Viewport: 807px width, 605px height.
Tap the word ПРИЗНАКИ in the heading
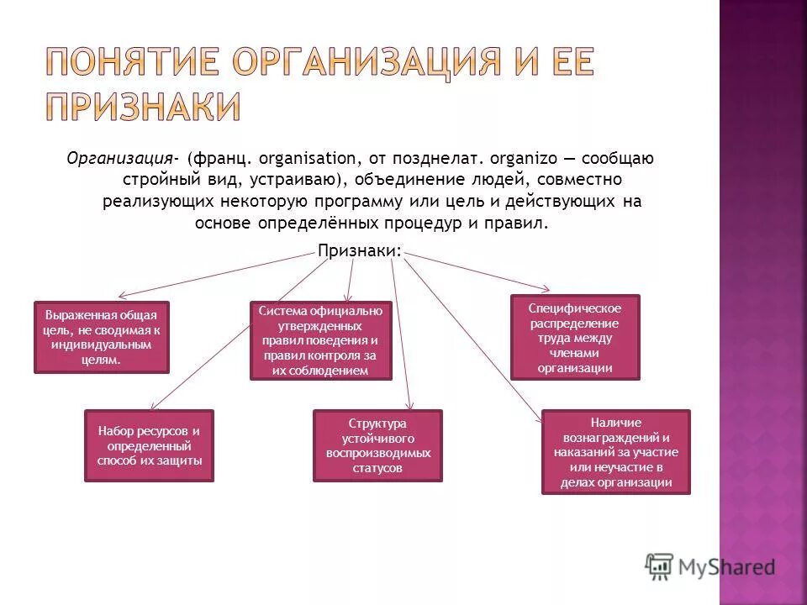tap(143, 108)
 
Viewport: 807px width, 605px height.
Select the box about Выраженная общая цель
tap(101, 337)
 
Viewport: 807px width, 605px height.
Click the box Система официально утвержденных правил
tap(320, 340)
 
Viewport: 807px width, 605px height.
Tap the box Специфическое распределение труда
tap(575, 337)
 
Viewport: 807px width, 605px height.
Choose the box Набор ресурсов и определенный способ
tap(149, 445)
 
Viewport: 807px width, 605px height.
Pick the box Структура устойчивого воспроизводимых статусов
tap(377, 445)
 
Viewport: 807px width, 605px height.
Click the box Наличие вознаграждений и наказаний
tap(615, 451)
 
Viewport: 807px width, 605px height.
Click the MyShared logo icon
tap(660, 566)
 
